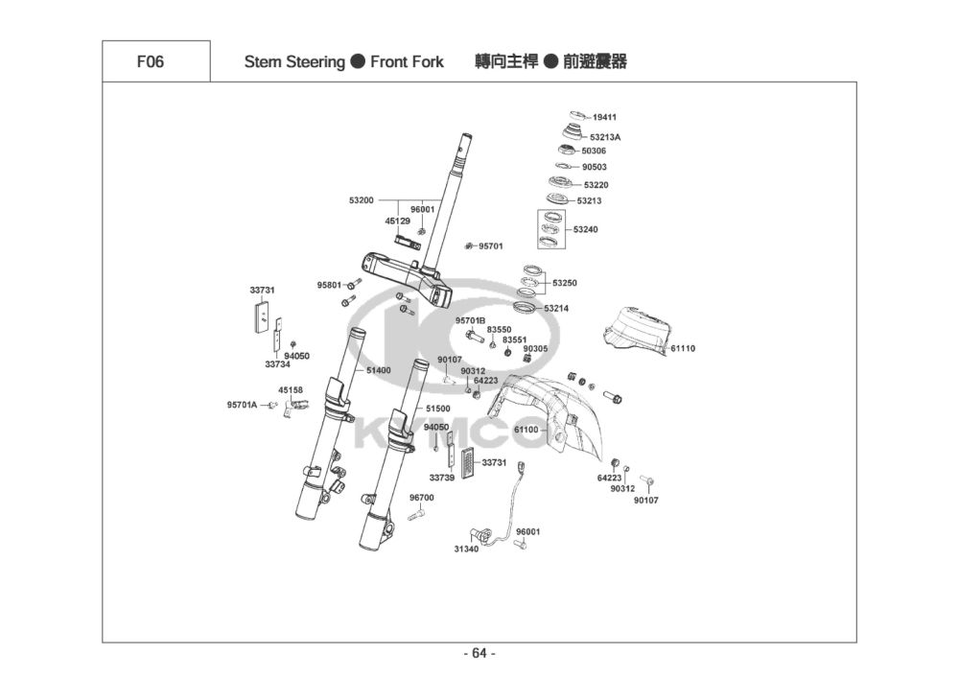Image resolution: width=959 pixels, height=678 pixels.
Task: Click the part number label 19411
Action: (604, 118)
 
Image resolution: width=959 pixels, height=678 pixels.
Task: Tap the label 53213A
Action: (605, 137)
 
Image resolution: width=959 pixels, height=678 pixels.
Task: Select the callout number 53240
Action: (585, 230)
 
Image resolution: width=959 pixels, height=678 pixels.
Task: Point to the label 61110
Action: (683, 349)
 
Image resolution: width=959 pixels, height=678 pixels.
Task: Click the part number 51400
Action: (379, 370)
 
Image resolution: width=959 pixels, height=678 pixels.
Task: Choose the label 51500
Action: (438, 409)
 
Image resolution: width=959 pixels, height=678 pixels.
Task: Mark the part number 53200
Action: (362, 200)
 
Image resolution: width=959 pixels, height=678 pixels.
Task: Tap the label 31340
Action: (466, 549)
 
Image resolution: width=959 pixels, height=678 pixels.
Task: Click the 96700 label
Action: (422, 498)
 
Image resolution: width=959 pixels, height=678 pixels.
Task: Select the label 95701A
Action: (242, 406)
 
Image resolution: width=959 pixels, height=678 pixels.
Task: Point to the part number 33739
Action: (442, 478)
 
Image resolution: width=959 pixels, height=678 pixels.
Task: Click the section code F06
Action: (151, 62)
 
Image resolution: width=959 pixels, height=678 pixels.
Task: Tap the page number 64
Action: (479, 654)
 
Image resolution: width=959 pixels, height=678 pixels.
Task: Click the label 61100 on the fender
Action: (526, 431)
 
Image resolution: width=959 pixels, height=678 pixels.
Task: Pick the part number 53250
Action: (564, 284)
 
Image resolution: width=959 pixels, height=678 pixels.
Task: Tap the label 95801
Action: (329, 285)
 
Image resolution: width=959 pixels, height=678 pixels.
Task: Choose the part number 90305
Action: (535, 349)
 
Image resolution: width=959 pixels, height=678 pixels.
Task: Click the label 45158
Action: (291, 390)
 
